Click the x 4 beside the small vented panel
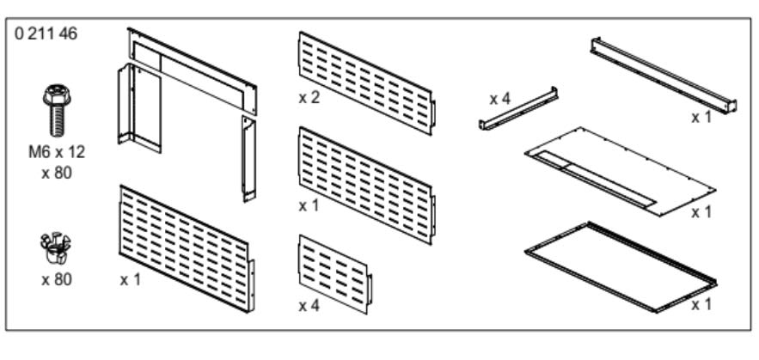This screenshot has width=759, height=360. [309, 305]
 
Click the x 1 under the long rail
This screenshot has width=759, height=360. [701, 117]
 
